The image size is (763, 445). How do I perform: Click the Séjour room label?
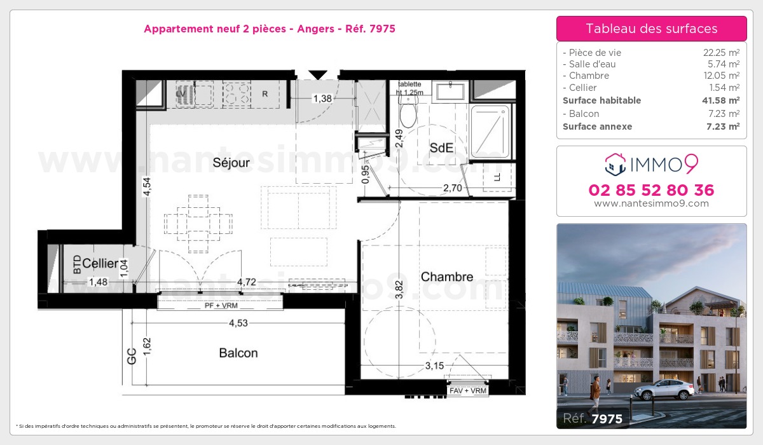(x=231, y=163)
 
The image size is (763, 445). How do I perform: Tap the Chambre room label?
(x=447, y=277)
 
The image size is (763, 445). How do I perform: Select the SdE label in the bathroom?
(x=441, y=147)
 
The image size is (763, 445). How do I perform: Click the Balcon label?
(x=238, y=353)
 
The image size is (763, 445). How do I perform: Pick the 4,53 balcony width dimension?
(x=238, y=323)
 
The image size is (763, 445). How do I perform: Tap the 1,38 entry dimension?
(x=322, y=98)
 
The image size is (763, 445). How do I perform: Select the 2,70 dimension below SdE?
(x=452, y=189)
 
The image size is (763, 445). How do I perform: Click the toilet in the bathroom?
(x=408, y=114)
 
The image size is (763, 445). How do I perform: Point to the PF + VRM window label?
(x=220, y=306)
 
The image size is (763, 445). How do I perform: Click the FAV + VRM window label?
(x=468, y=391)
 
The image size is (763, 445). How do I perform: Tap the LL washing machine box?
(x=497, y=177)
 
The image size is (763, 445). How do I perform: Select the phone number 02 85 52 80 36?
(x=651, y=190)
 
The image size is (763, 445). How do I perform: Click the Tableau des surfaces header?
(x=651, y=29)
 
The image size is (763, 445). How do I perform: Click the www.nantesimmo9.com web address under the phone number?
(x=651, y=203)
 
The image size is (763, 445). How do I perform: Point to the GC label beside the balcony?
(x=132, y=355)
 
